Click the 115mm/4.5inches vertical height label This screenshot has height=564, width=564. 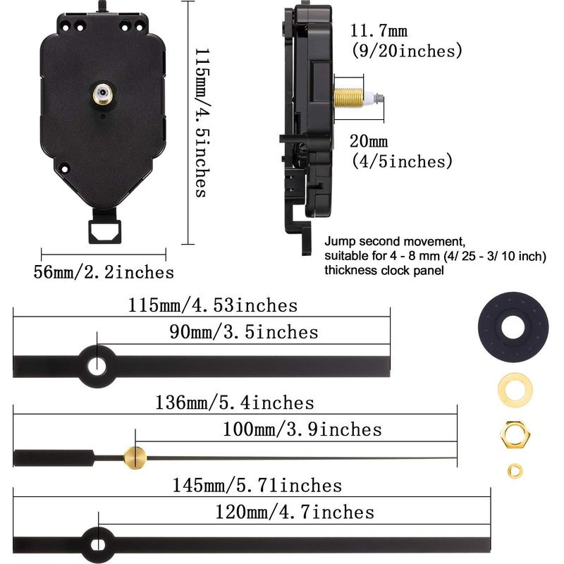pos(201,123)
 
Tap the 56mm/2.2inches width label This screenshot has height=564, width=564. pos(104,272)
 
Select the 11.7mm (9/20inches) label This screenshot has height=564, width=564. pos(407,41)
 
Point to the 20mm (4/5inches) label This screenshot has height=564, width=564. pos(400,152)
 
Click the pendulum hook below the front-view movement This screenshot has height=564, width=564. pos(104,230)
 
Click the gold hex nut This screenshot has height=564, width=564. pos(513,432)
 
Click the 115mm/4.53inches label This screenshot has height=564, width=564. pos(213,306)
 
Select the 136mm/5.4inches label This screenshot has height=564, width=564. pos(234,403)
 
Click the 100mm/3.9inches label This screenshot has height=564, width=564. pos(302,429)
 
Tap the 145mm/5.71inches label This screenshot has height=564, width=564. pos(257,485)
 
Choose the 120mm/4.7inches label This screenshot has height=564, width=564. pos(294,512)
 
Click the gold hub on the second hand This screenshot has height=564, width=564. pos(134,457)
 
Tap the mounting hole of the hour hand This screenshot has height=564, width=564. pos(97,364)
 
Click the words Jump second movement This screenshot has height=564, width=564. pos(386,240)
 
